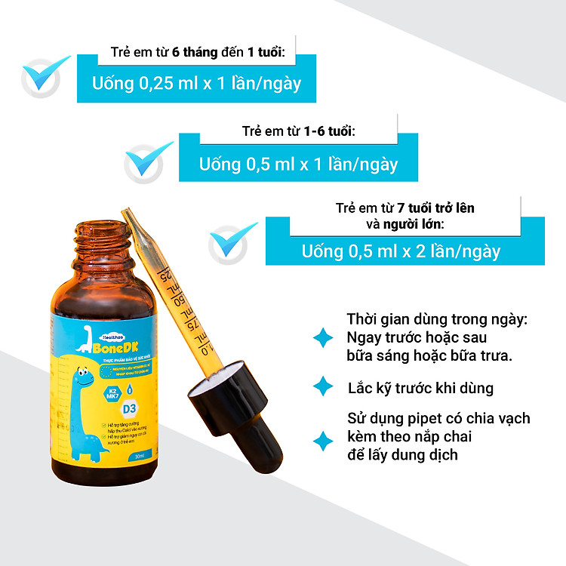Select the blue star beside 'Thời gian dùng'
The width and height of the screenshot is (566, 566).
[323, 337]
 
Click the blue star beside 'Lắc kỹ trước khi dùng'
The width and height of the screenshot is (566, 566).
[323, 387]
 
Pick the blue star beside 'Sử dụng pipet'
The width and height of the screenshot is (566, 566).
[323, 441]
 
